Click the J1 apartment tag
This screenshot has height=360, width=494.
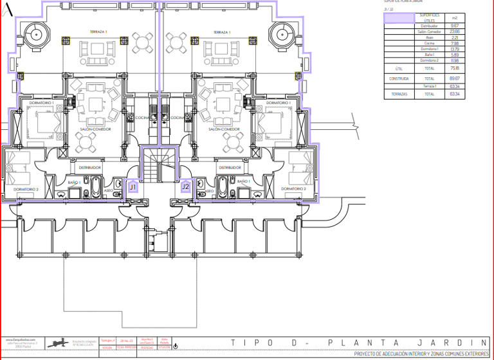[133, 187]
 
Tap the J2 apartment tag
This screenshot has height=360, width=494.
[186, 187]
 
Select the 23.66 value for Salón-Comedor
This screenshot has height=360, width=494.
[455, 32]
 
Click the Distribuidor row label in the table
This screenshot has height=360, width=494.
[430, 26]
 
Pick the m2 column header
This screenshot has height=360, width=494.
[455, 17]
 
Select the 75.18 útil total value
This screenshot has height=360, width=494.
[455, 67]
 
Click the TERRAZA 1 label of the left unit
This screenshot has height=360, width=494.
[98, 32]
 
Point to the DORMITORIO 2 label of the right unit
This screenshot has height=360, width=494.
[294, 189]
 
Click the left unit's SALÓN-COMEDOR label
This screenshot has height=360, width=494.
[95, 129]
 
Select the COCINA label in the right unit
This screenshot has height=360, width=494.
[178, 118]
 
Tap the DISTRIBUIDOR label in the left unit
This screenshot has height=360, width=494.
[90, 167]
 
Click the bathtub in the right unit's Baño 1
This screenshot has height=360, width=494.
[223, 188]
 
